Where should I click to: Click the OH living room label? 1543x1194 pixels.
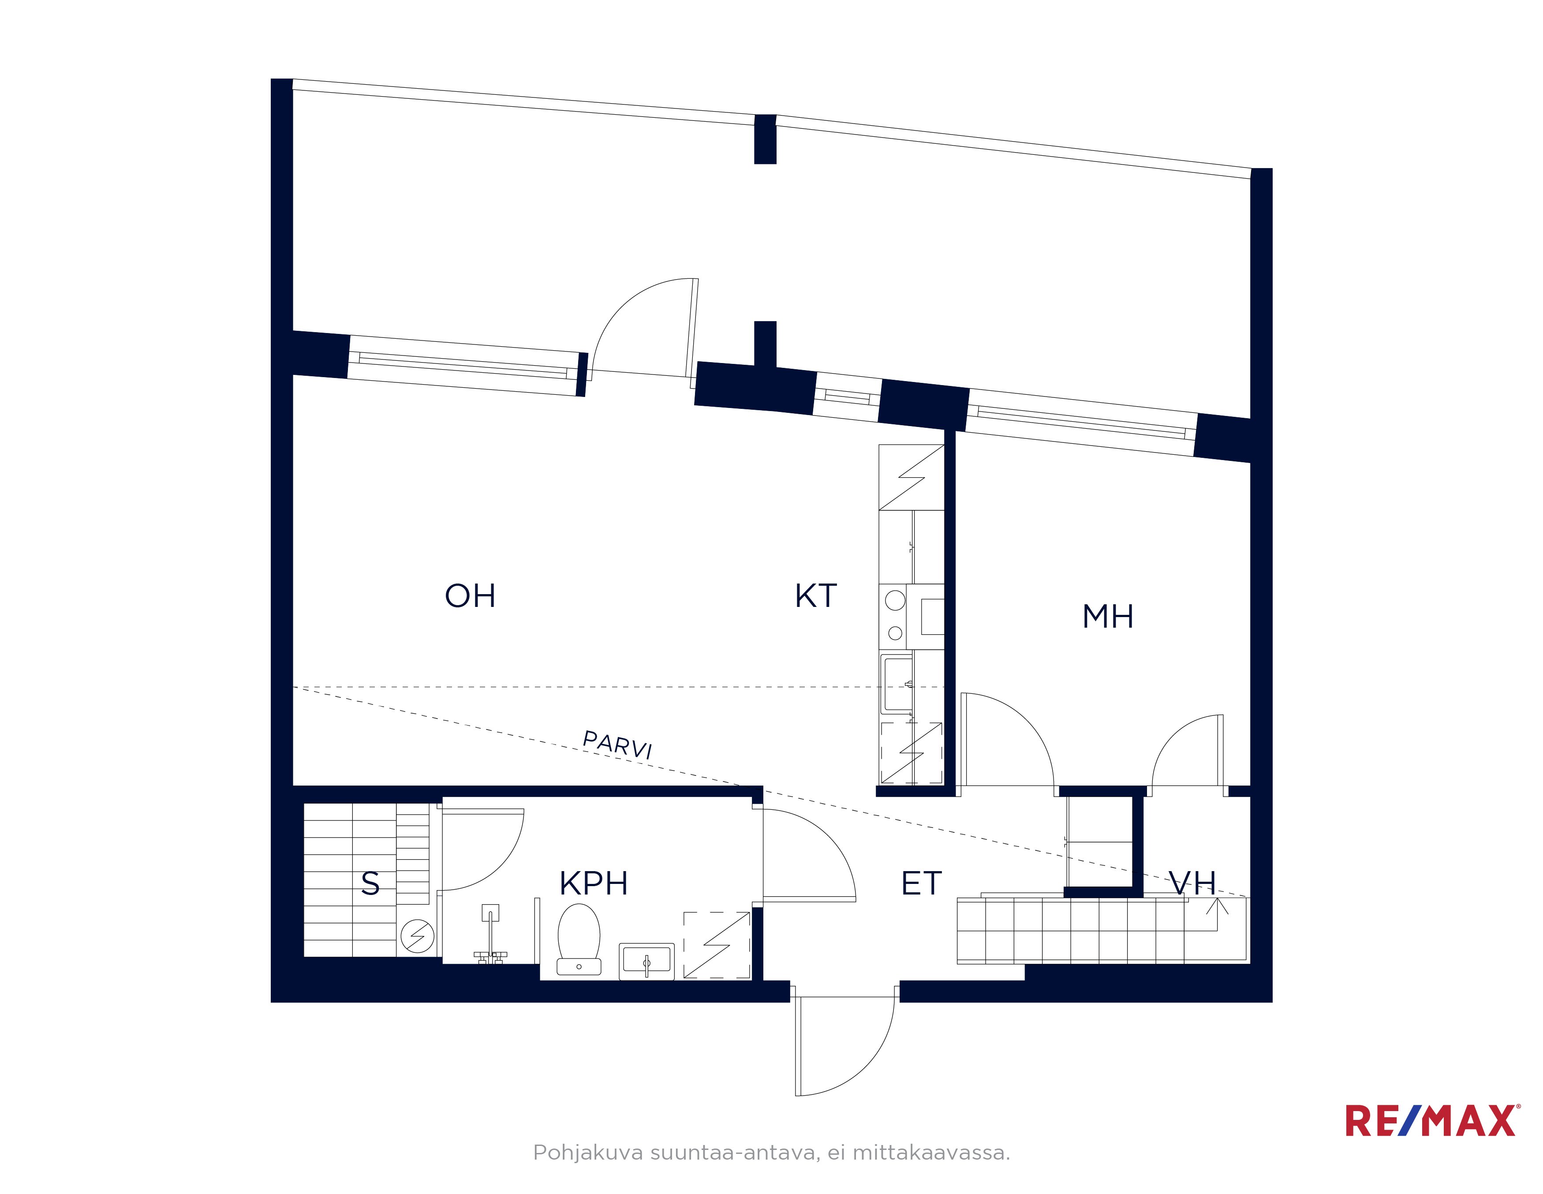coord(470,595)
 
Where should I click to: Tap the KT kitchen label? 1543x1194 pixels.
coord(816,595)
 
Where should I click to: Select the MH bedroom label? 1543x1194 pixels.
coord(1108,616)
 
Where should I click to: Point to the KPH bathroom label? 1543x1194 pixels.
coord(594,883)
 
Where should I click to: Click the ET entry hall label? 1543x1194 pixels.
coord(921,883)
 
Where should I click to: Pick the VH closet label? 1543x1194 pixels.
coord(1192,883)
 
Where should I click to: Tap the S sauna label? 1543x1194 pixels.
coord(370,883)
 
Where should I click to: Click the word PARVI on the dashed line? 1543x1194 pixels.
coord(617,745)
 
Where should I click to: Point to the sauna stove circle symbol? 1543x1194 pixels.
coord(418,936)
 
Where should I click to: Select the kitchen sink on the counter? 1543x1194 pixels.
coord(897,683)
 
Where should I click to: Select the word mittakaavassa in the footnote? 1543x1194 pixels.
coord(931,1153)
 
